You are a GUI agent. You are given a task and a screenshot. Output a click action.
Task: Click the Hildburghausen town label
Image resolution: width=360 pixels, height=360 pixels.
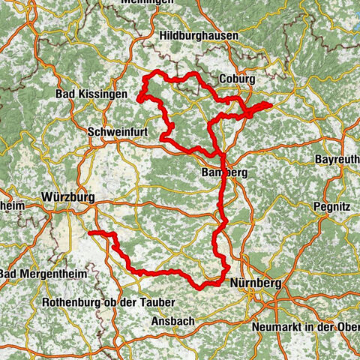(199, 34)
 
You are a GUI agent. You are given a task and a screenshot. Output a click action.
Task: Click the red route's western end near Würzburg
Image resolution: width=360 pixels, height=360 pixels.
(91, 234)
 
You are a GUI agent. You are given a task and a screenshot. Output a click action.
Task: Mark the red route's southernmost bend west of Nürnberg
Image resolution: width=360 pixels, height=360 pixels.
(201, 287)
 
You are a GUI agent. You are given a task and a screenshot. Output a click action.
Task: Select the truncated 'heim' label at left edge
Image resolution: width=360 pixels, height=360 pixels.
(12, 205)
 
